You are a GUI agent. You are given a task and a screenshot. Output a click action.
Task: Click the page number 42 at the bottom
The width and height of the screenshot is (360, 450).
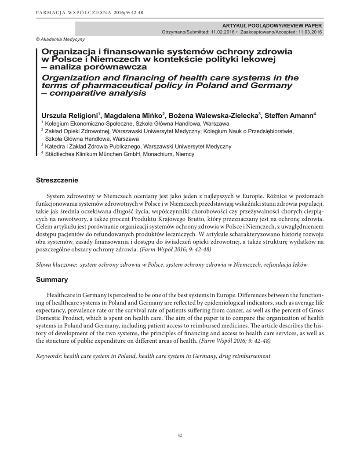(180, 435)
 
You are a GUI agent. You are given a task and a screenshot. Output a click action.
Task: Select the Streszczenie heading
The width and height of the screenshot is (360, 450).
(57, 180)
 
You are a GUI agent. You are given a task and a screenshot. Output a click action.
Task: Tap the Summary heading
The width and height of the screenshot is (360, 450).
(52, 279)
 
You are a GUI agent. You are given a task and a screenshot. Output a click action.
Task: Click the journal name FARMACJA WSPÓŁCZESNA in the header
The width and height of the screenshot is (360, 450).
(66, 12)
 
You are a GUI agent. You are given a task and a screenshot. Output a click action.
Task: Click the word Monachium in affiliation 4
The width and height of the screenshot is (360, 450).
(155, 154)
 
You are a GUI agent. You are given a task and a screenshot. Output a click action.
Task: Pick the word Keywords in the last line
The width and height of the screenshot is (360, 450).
(48, 356)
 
